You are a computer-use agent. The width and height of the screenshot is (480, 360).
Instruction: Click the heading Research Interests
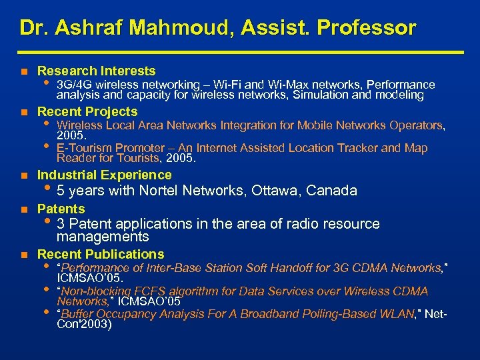(x=97, y=71)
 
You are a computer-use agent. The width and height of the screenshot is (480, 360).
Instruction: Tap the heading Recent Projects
(x=87, y=111)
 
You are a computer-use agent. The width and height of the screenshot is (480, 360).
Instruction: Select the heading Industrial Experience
(x=105, y=175)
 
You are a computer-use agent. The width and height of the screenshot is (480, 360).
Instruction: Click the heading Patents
(x=61, y=209)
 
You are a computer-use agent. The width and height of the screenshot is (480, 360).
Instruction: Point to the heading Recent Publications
(x=101, y=254)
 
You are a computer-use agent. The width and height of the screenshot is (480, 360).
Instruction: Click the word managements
(x=103, y=237)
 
